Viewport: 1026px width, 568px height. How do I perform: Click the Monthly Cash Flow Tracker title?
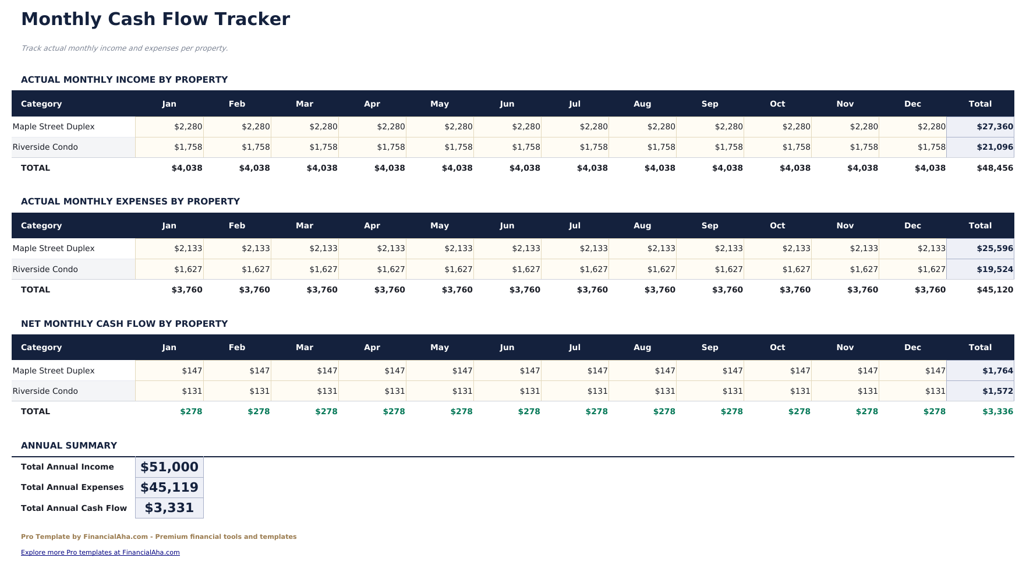[x=155, y=19]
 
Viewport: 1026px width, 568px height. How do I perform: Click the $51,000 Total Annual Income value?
[x=169, y=467]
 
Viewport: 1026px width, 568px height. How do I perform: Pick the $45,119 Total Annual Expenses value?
[x=169, y=487]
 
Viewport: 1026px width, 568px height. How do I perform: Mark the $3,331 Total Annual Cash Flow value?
[x=169, y=508]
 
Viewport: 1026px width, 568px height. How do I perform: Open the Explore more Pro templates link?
[x=100, y=552]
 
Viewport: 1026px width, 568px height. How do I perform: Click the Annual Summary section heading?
[x=69, y=446]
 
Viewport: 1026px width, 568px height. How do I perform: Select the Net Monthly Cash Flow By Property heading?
[x=124, y=324]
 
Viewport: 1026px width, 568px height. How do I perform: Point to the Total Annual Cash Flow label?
[x=74, y=508]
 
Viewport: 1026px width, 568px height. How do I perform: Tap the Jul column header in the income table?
[x=575, y=104]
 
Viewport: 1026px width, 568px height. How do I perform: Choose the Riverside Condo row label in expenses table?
[x=45, y=269]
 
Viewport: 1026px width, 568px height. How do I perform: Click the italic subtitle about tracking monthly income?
[x=124, y=48]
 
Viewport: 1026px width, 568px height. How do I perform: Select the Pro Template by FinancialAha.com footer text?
[x=158, y=537]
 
